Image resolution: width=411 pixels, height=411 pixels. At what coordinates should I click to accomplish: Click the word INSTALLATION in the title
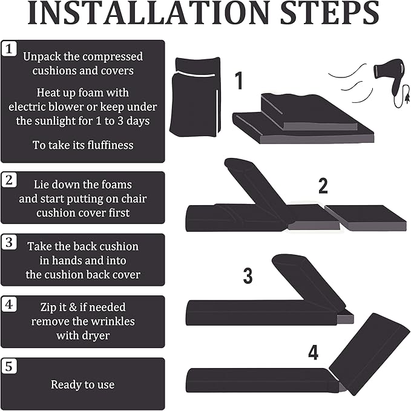coord(149,13)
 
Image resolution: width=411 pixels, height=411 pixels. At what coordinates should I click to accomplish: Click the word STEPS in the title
coord(329,13)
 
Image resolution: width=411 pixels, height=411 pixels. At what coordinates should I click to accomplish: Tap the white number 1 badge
coord(9,48)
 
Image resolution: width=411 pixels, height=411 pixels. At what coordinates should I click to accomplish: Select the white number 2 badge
coord(9,180)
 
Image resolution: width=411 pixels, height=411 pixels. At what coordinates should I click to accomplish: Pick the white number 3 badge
coord(9,242)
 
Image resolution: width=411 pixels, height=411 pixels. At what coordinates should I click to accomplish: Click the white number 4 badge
coord(9,304)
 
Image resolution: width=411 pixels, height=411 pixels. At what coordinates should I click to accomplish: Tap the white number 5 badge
coord(9,366)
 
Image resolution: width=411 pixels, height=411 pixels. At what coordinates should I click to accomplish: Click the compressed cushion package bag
coord(195,97)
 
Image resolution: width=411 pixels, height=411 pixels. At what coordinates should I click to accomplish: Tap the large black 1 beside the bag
coord(238,81)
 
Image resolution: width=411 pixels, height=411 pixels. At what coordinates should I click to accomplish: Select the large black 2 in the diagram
coord(323,186)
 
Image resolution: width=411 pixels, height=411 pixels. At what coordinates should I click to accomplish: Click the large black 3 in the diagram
coord(248,275)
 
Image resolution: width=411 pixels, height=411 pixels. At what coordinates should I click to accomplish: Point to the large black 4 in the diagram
coord(313,352)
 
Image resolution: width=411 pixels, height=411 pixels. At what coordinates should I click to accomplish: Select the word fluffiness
coord(110,145)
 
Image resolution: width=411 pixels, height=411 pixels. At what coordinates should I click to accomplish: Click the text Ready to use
coord(83,384)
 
